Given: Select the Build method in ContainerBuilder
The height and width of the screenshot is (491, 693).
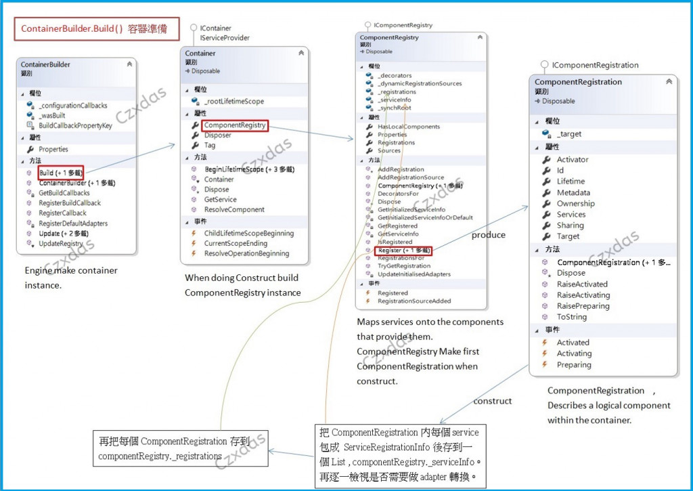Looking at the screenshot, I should click(60, 173).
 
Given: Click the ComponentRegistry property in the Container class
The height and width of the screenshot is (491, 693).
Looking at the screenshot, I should click(234, 125).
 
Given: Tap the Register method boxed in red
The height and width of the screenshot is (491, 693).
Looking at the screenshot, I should click(403, 250).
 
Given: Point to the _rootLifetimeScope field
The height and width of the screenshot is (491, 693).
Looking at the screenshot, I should click(234, 101).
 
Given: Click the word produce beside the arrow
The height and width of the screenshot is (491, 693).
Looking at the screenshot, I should click(488, 235).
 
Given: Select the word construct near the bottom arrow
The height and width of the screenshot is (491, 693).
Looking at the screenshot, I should click(493, 401).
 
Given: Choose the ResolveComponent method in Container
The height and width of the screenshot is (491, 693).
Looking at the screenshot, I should click(234, 209).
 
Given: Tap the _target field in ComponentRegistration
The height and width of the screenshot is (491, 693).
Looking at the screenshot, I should click(569, 134).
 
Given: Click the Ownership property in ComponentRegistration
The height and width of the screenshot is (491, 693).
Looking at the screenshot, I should click(575, 203).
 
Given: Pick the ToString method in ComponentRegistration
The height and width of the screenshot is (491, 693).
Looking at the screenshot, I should click(572, 317).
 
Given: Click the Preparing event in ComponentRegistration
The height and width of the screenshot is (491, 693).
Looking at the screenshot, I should click(574, 364).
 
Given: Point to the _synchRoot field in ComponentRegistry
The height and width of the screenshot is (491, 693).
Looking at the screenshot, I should click(395, 108).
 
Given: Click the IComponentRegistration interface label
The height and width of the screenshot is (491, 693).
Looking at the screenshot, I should click(595, 65).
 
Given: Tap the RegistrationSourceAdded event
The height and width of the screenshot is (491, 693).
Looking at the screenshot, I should click(414, 301).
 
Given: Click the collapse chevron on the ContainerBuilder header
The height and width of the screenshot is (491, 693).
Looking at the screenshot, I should click(129, 64).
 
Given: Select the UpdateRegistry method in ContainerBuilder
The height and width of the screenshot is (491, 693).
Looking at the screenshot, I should click(60, 243).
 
